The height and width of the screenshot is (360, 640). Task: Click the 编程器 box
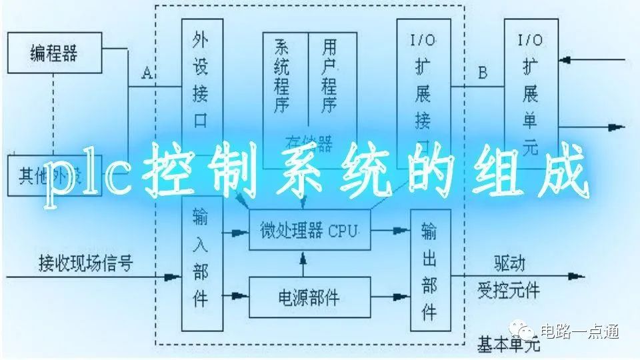[x=54, y=53]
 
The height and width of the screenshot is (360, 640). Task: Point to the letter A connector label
[x=147, y=74]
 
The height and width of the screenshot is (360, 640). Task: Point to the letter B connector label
[x=483, y=73]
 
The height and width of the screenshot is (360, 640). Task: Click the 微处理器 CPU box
[x=309, y=231]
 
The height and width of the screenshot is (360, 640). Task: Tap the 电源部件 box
[x=309, y=296]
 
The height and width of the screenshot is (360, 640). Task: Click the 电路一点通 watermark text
[x=580, y=331]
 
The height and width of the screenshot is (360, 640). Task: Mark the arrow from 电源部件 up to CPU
[x=304, y=264]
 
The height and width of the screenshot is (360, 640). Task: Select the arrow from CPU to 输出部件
[x=389, y=230]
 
